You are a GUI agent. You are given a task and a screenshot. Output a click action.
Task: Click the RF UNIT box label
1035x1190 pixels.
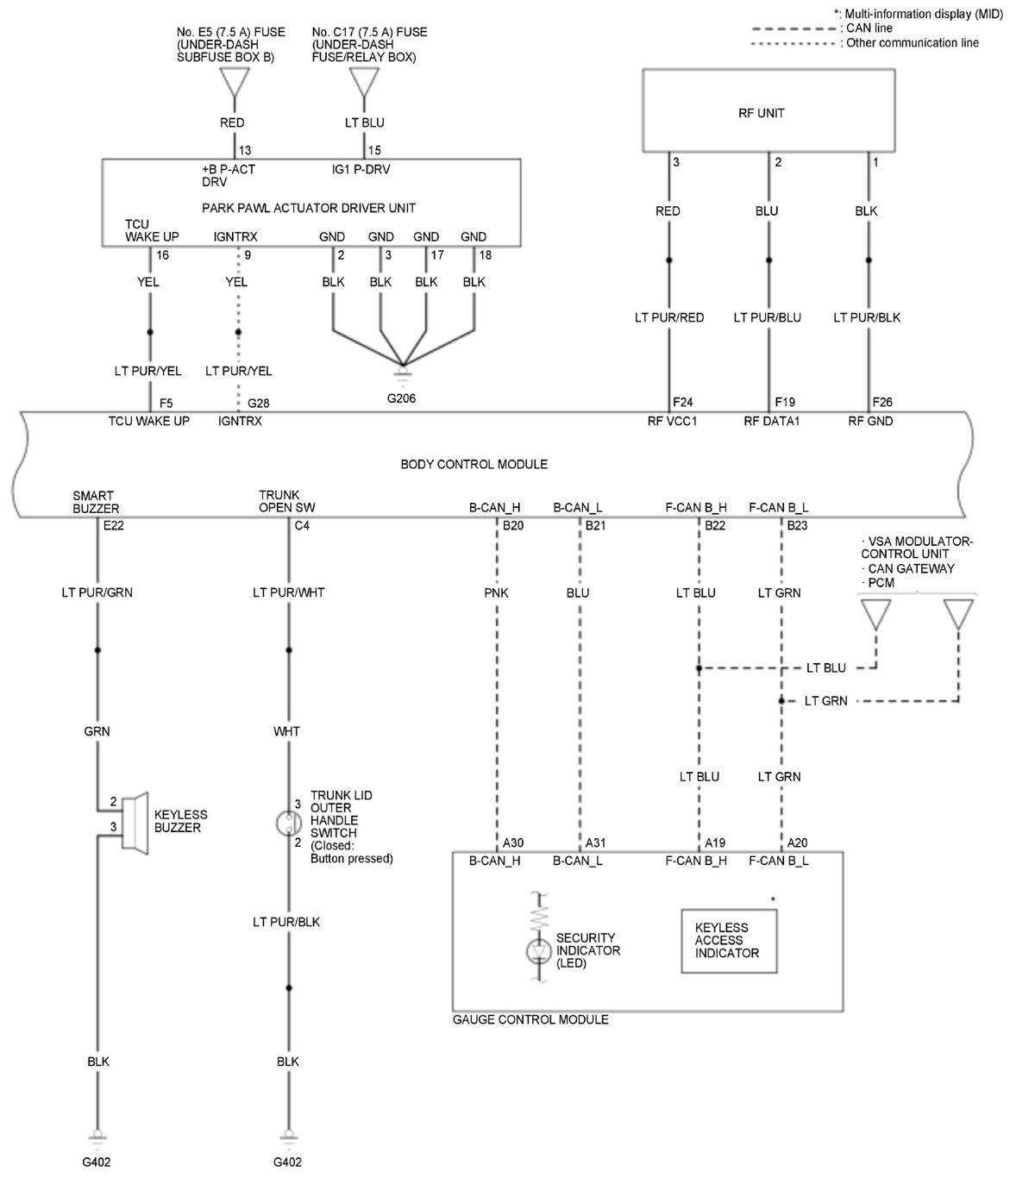762,113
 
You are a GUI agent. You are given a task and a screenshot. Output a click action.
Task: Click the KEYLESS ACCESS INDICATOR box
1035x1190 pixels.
728,941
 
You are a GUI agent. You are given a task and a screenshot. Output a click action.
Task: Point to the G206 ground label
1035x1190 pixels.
401,398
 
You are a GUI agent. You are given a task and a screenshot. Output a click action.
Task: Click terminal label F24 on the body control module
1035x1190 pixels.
683,402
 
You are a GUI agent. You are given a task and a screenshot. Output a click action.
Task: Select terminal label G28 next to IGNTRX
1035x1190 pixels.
259,403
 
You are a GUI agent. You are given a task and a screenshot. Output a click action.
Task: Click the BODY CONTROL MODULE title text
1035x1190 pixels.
474,464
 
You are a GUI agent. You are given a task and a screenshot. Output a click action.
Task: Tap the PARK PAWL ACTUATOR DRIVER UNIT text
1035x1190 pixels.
309,208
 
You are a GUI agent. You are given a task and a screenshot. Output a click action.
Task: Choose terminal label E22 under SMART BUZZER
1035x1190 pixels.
113,525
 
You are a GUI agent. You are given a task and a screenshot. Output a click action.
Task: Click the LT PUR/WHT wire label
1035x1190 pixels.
288,592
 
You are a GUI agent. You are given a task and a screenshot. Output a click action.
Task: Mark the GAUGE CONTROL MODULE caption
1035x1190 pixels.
530,1019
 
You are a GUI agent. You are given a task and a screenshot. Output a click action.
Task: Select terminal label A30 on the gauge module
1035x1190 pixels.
512,842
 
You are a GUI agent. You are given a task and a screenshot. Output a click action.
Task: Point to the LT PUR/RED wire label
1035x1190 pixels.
669,317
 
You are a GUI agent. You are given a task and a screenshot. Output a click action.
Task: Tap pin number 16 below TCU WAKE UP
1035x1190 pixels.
162,255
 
